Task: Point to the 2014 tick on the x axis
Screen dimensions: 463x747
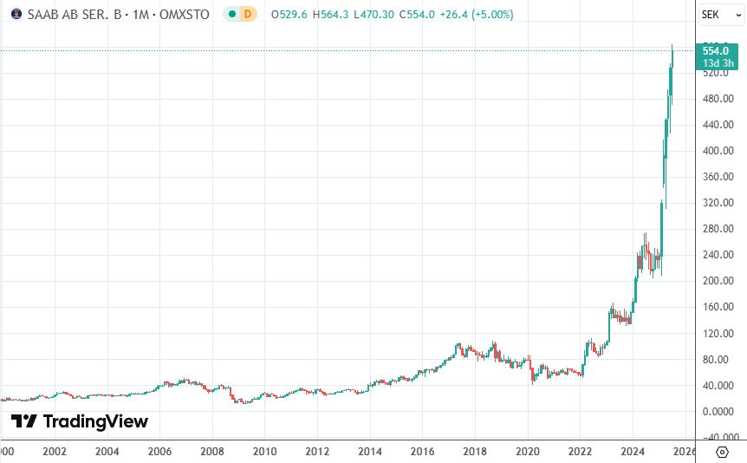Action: pyautogui.click(x=370, y=452)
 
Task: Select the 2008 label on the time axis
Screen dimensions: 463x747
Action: pyautogui.click(x=212, y=452)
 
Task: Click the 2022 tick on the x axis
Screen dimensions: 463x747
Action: pyautogui.click(x=580, y=452)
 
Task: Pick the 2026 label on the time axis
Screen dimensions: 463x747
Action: pyautogui.click(x=685, y=452)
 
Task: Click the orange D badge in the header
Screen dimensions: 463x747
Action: pyautogui.click(x=248, y=15)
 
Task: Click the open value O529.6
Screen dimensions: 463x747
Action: pyautogui.click(x=289, y=15)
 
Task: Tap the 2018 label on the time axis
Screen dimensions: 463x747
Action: pyautogui.click(x=474, y=452)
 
